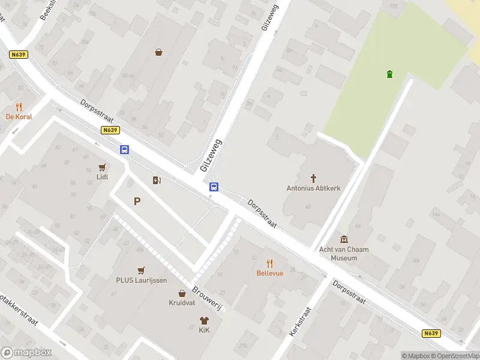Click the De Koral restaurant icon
point(19,107)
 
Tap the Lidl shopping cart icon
point(103,167)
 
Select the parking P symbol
point(137,202)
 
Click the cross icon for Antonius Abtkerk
point(313,178)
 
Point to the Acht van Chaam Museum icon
point(344,239)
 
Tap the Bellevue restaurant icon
point(269,263)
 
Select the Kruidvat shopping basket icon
point(182,293)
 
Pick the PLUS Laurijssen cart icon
point(142,270)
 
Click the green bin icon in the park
point(390,74)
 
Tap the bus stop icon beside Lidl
point(124,150)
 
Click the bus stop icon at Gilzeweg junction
point(213,187)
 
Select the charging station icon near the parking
point(157,180)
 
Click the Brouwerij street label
point(207,298)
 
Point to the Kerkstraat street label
point(300,321)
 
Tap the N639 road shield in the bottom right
point(431,333)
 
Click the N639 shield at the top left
point(19,55)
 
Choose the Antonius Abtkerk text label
point(313,188)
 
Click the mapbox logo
point(26,353)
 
